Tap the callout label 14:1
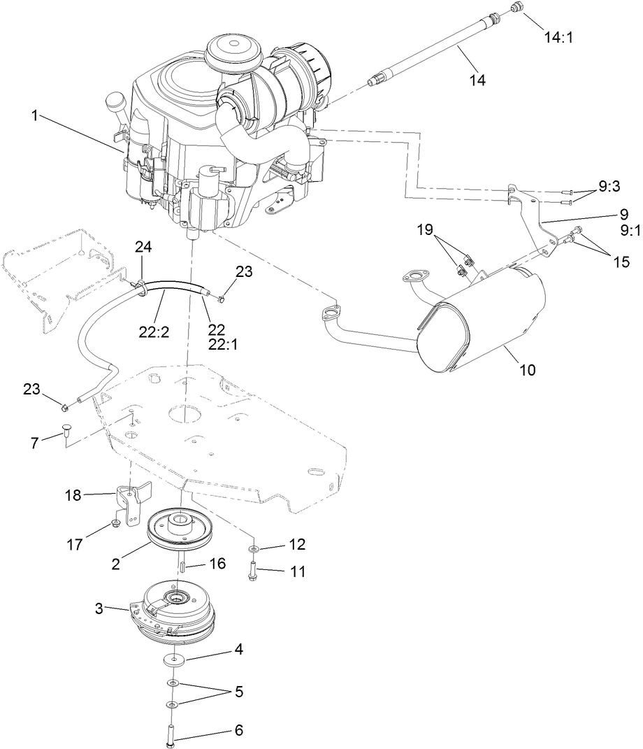point(558,37)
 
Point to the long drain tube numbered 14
point(433,56)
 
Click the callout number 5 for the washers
point(239,692)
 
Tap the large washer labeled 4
point(172,659)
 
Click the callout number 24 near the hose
point(143,247)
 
